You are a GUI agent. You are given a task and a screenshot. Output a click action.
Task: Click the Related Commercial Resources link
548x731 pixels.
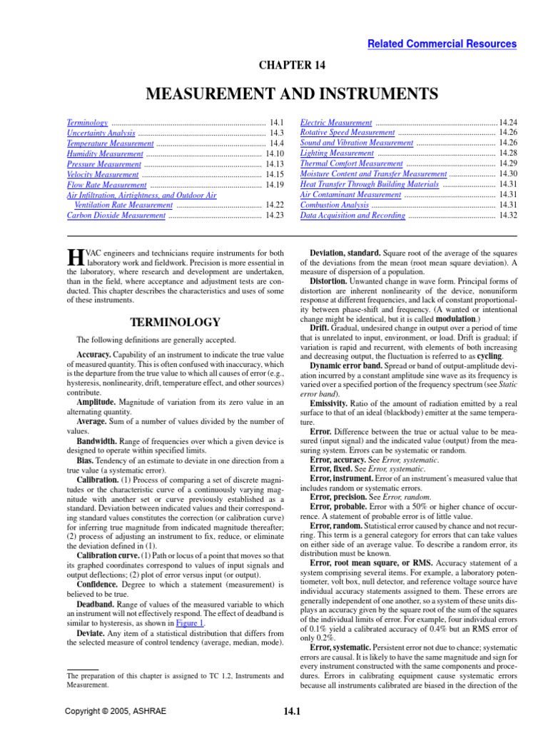[x=442, y=44]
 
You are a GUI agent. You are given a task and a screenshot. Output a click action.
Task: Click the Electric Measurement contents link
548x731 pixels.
[x=336, y=123]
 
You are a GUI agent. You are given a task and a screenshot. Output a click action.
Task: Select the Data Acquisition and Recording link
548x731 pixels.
[x=352, y=215]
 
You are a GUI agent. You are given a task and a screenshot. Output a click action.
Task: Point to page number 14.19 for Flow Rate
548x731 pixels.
[x=274, y=184]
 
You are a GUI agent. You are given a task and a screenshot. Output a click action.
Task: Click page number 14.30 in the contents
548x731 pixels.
[x=507, y=174]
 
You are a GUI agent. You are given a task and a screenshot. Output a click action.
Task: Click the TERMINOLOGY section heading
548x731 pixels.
[x=175, y=323]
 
